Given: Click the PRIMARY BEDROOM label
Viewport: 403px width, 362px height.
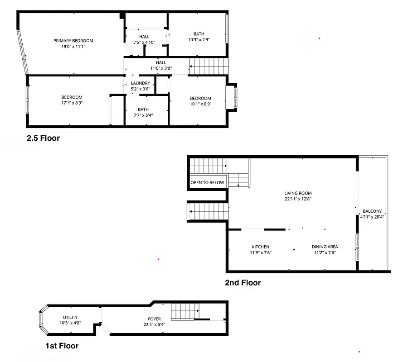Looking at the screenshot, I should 73,41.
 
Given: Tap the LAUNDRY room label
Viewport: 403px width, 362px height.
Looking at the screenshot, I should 140,83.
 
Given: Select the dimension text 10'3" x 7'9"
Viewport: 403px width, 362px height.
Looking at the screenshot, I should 199,40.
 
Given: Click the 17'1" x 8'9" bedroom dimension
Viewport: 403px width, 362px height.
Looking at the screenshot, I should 72,103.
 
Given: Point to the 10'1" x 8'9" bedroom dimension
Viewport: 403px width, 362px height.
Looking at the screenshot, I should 200,104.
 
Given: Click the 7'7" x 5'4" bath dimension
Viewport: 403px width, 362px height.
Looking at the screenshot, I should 143,115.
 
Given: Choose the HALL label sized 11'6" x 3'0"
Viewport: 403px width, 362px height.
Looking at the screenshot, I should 161,63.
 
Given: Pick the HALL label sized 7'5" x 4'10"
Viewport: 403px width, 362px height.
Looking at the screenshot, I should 144,37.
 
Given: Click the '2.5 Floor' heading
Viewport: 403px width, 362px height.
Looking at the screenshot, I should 43,138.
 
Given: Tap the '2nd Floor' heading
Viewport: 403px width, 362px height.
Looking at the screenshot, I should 243,283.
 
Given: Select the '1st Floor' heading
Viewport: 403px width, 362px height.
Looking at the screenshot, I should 62,346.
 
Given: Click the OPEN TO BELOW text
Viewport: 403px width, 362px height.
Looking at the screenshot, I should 207,183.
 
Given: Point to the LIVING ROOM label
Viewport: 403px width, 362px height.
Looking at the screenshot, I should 298,193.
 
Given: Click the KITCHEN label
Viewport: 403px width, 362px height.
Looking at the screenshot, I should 261,247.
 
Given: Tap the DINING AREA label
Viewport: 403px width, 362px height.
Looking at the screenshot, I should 325,247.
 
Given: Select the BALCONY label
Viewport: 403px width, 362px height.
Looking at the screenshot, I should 372,211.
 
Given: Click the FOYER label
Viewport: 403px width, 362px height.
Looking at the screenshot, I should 155,319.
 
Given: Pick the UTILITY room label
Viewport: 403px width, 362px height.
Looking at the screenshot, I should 70,317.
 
